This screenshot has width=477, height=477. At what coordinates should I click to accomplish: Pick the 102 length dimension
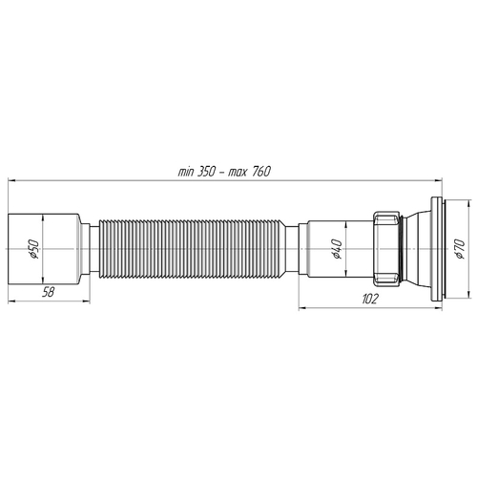[x=369, y=299]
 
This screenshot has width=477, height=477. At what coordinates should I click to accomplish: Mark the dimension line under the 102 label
[x=369, y=306]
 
